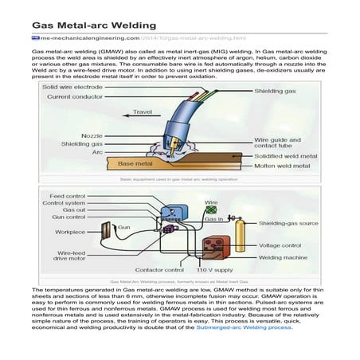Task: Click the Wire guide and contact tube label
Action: click(x=280, y=143)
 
